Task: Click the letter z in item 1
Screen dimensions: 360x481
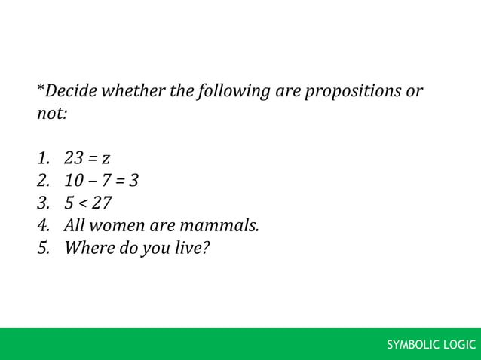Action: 106,159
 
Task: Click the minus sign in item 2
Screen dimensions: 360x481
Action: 93,181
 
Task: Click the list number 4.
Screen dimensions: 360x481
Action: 44,224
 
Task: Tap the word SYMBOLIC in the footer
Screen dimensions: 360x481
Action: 414,346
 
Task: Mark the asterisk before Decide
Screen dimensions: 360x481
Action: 40,90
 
